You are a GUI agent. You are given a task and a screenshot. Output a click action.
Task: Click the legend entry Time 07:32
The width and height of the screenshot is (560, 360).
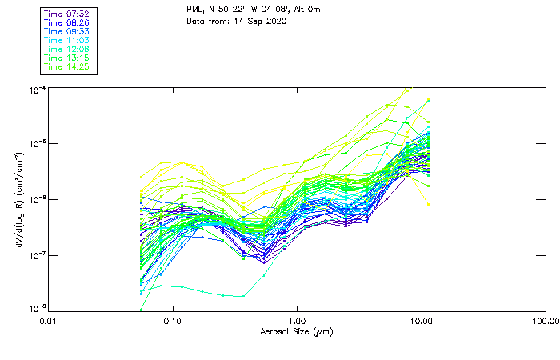(x=66, y=14)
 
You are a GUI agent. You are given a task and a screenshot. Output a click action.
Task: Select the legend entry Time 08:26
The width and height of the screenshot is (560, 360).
(x=66, y=22)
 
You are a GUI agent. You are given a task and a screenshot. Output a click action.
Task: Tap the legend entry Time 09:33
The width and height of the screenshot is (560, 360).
(x=66, y=31)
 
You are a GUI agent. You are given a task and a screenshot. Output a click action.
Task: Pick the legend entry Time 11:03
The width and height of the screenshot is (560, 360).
(x=66, y=40)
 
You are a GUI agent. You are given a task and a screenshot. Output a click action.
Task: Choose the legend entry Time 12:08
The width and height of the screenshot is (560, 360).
(x=66, y=49)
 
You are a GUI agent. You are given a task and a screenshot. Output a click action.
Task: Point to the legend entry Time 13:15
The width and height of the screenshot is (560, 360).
(x=66, y=58)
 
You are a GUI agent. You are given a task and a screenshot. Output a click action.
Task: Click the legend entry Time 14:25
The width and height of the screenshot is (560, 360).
(x=66, y=66)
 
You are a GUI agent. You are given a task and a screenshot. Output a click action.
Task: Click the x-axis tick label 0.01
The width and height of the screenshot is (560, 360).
(x=49, y=321)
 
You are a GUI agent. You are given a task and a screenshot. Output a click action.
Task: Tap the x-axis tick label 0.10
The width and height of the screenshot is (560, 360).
(x=173, y=321)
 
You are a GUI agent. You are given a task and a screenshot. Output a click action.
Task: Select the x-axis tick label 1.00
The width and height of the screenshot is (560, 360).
(x=297, y=321)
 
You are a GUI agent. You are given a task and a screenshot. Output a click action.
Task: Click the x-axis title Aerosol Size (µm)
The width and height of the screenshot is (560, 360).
(x=296, y=331)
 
